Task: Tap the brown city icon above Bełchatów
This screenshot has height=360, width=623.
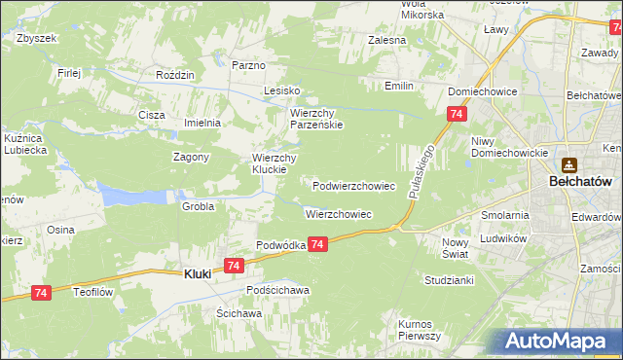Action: tap(568, 165)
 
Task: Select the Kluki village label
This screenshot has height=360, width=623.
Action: tap(198, 274)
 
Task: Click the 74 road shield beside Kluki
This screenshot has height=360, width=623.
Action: tap(233, 266)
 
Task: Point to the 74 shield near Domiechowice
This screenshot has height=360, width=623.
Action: tap(456, 115)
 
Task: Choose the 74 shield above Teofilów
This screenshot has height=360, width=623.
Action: tap(40, 292)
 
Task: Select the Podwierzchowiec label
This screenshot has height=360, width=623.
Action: tap(353, 185)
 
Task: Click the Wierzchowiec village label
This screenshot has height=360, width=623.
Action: tap(339, 213)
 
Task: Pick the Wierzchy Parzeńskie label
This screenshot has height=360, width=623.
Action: tap(316, 119)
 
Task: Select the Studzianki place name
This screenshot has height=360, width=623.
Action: tap(449, 279)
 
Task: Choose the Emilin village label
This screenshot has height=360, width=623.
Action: tap(398, 86)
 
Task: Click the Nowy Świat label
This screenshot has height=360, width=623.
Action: tap(455, 247)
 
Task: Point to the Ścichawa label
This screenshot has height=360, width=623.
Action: tap(239, 314)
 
